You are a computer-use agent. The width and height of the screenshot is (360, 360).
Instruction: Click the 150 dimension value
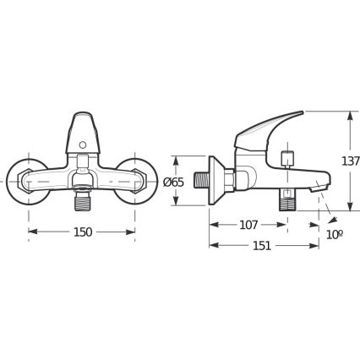tap(83, 232)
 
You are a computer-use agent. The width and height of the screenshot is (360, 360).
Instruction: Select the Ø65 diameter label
tap(173, 183)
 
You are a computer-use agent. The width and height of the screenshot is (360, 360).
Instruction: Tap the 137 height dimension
tap(351, 161)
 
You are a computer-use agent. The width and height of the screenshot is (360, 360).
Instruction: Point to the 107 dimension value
tap(248, 225)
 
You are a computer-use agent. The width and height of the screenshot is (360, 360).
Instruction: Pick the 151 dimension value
tap(262, 246)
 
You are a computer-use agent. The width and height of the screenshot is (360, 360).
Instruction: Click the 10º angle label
tap(335, 234)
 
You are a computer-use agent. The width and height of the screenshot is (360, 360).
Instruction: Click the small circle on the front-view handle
tap(83, 145)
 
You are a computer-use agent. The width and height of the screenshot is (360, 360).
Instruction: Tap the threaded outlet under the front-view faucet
tap(82, 200)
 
